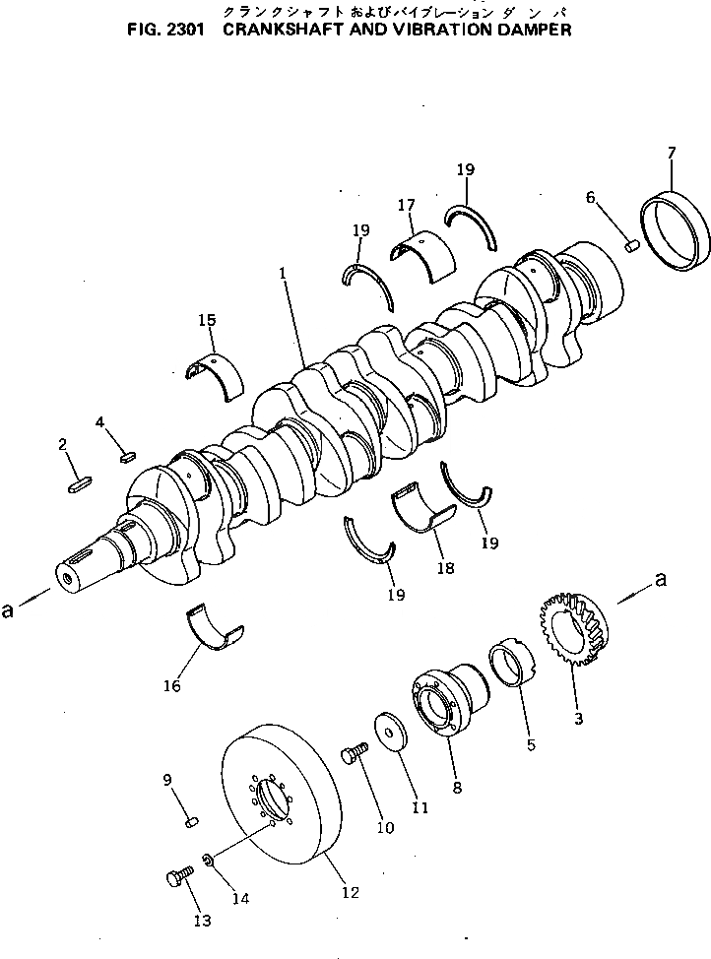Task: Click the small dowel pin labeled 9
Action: pyautogui.click(x=193, y=821)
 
